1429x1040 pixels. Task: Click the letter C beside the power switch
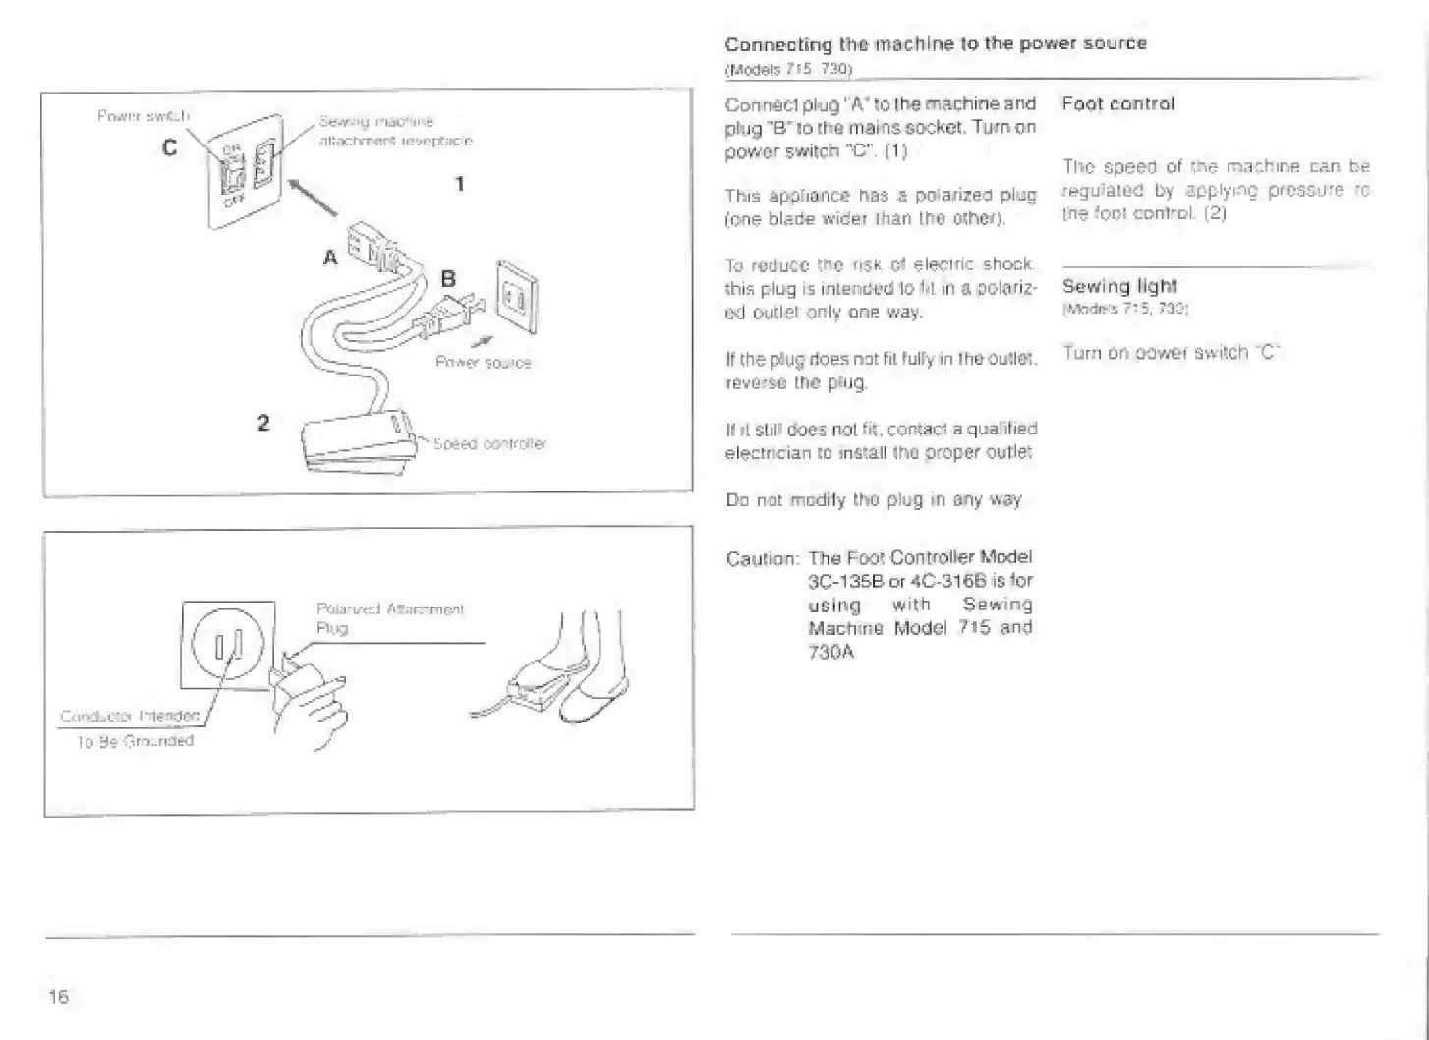pyautogui.click(x=170, y=147)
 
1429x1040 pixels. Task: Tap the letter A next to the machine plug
pyautogui.click(x=330, y=258)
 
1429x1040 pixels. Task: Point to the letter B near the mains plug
pyautogui.click(x=448, y=279)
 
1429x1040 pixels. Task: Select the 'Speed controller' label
pyautogui.click(x=489, y=444)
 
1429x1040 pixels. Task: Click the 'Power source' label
pyautogui.click(x=483, y=363)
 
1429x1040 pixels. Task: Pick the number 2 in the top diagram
pyautogui.click(x=262, y=423)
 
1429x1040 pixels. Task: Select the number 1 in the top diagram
pyautogui.click(x=458, y=183)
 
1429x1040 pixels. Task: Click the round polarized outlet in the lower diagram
pyautogui.click(x=229, y=645)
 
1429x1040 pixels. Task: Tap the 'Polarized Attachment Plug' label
pyautogui.click(x=389, y=618)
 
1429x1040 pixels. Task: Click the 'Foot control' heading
pyautogui.click(x=1118, y=104)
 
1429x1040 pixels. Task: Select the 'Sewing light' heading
pyautogui.click(x=1119, y=286)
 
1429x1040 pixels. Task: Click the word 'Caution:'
pyautogui.click(x=762, y=559)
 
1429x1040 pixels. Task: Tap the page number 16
pyautogui.click(x=58, y=996)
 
